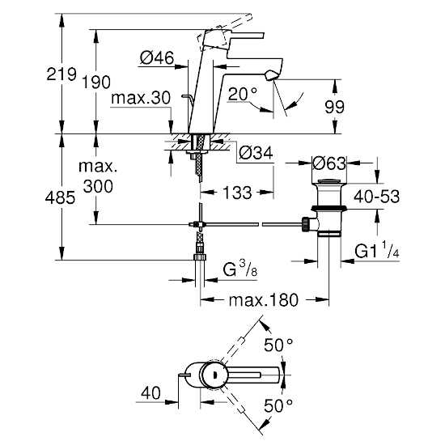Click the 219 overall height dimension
61,74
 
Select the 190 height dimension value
96,83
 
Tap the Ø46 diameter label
157,58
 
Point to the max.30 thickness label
141,98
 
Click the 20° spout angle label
243,94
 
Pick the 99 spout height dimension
334,107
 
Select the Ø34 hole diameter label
256,153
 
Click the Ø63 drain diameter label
329,163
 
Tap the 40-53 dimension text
376,197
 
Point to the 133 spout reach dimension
237,193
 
